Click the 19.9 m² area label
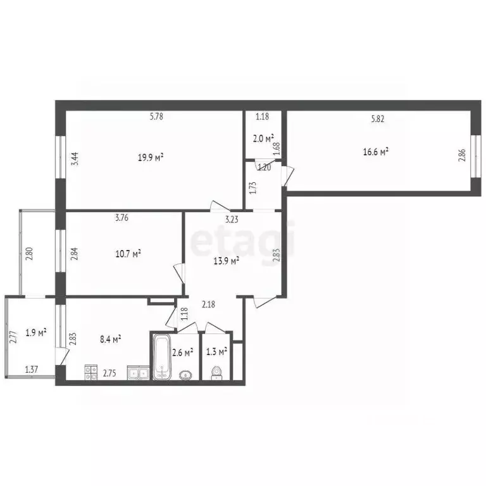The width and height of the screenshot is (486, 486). coord(152,158)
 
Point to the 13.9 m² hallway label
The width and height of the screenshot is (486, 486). coord(226,261)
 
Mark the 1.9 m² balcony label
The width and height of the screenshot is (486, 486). coord(35,332)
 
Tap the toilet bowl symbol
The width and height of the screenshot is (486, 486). coord(216,373)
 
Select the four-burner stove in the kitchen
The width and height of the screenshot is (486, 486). coord(91,373)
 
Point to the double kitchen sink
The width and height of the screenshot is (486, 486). coord(137,373)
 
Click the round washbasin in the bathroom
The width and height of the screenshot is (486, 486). coord(185,374)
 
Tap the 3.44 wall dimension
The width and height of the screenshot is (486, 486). coord(75,157)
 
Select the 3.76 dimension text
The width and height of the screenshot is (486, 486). coord(123,219)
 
